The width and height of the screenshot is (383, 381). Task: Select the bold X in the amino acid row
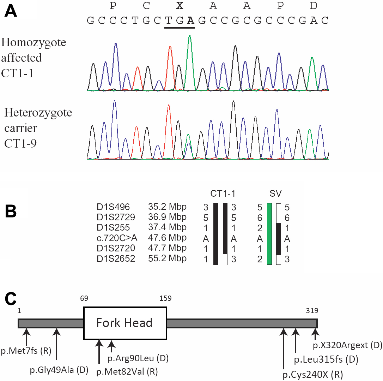click(180, 6)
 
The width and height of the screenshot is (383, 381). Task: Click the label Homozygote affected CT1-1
click(34, 58)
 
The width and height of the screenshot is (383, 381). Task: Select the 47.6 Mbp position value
click(167, 239)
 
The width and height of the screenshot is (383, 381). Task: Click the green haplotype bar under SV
click(269, 234)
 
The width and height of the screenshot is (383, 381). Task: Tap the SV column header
click(274, 194)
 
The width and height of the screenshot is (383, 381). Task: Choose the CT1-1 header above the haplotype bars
click(223, 194)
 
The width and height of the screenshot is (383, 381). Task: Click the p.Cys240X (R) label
click(312, 374)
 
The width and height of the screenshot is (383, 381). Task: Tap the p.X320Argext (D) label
click(347, 345)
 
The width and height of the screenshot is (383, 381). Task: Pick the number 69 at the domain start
click(84, 299)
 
